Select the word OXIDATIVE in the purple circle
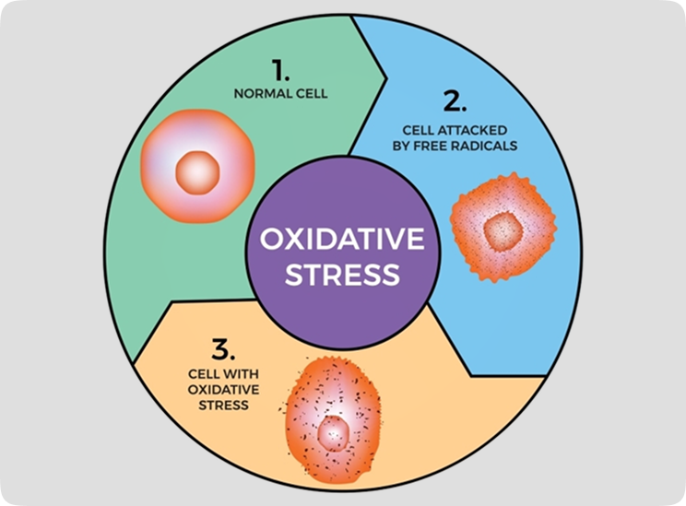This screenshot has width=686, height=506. point(342,241)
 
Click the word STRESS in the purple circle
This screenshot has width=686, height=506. point(342,275)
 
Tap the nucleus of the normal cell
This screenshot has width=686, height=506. point(197,171)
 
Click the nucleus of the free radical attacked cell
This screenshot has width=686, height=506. point(502,228)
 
